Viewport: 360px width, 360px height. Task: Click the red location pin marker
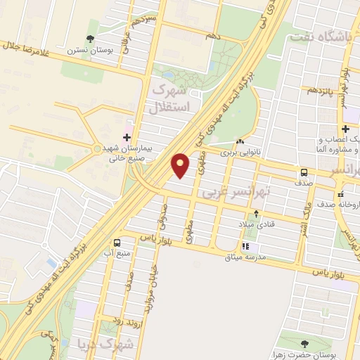181,165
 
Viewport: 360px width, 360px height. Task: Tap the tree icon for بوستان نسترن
89,39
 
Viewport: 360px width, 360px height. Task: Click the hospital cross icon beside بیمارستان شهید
127,137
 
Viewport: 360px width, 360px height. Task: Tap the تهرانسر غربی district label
229,192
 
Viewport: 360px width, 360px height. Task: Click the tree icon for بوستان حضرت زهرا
304,344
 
